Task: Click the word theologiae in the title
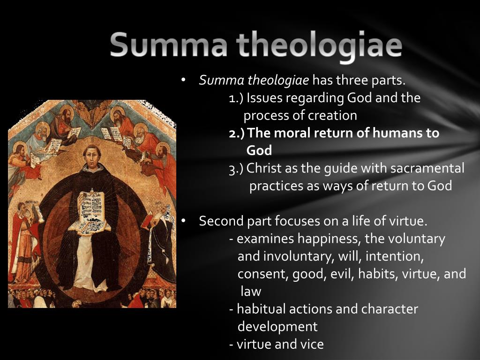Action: (319, 46)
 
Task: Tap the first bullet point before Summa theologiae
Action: (184, 80)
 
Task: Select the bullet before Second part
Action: (184, 221)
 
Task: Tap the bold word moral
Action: (291, 133)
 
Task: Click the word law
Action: (251, 292)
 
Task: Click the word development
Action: (277, 326)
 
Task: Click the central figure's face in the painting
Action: (91, 157)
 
